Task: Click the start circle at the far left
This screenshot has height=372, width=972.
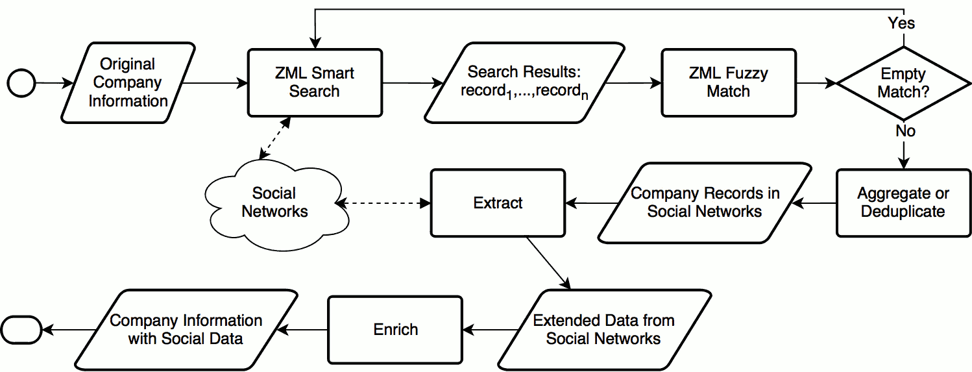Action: [21, 83]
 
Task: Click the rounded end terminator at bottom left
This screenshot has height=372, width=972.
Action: [21, 329]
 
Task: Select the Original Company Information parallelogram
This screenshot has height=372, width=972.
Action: [128, 82]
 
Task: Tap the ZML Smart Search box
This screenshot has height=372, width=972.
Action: [315, 82]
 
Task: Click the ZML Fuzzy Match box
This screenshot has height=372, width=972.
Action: [728, 82]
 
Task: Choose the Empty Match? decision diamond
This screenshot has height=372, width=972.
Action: [903, 83]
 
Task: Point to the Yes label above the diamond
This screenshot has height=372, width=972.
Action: [902, 23]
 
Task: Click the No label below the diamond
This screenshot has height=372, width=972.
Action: [905, 131]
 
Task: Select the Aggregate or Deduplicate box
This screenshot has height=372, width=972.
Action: [903, 203]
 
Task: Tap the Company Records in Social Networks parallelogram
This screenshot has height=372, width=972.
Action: [705, 203]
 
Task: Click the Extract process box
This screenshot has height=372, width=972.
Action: [498, 203]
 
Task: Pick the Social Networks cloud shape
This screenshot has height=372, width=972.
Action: [274, 203]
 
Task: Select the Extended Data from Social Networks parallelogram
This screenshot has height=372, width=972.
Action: [603, 329]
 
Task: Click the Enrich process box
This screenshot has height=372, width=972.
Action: [395, 329]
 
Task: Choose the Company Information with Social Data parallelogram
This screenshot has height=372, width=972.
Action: [186, 329]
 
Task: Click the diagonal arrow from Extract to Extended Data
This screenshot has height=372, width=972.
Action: [548, 263]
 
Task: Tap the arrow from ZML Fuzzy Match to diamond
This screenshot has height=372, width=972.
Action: [816, 83]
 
